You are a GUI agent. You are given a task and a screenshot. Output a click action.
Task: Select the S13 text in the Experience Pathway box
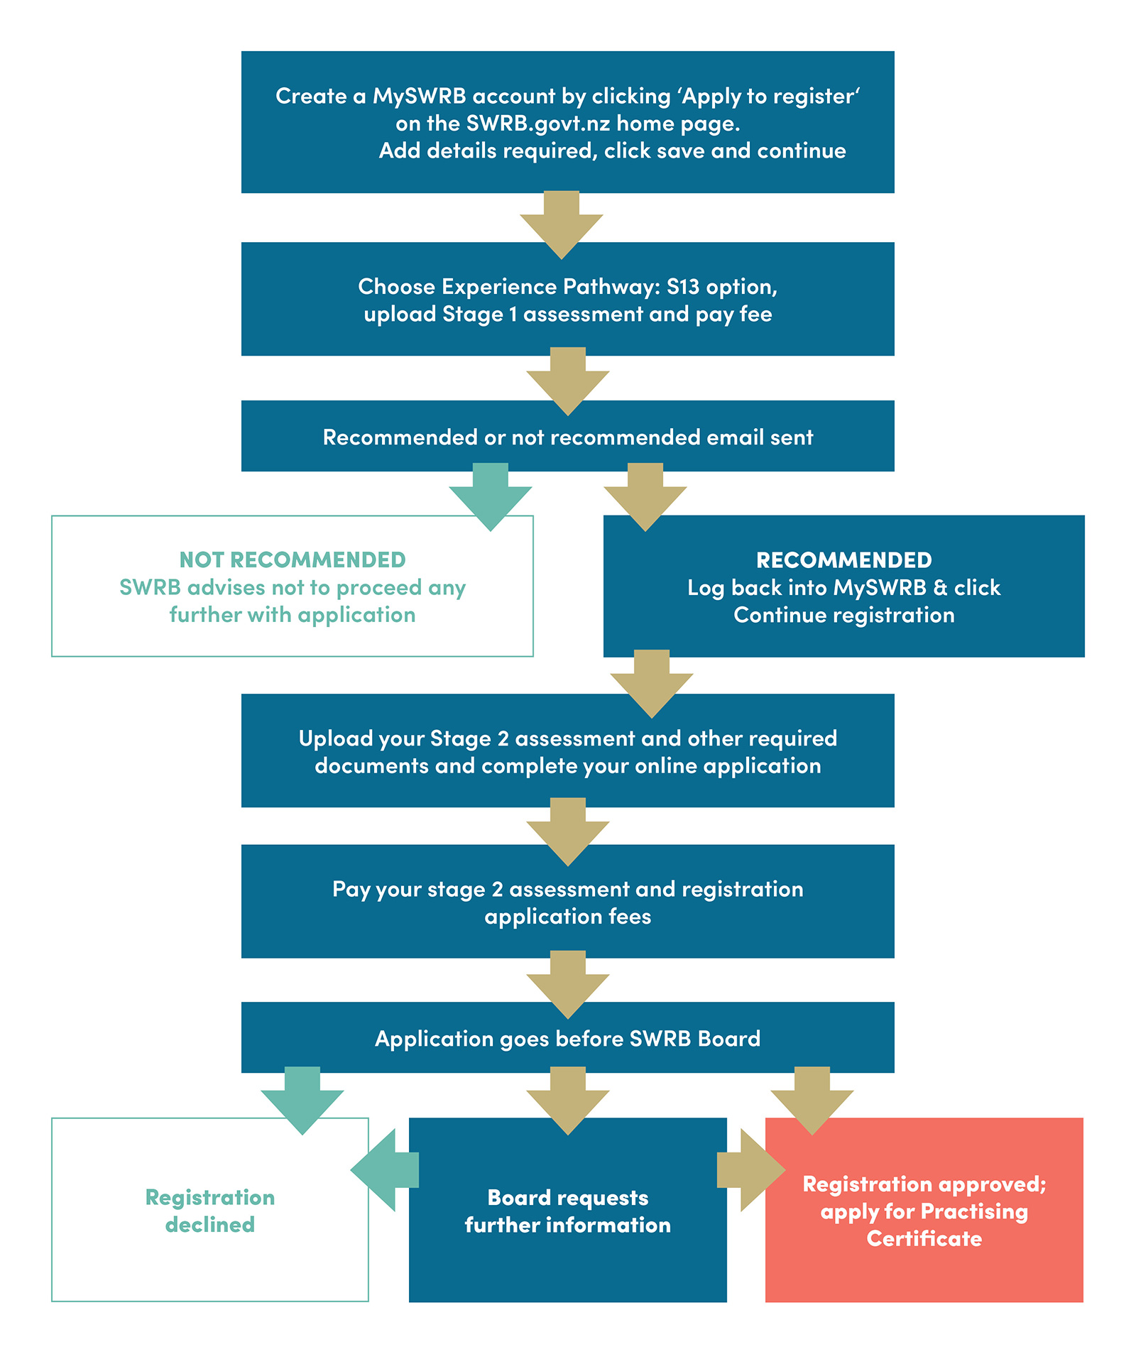(682, 287)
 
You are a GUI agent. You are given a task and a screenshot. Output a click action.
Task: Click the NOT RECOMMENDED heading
(292, 560)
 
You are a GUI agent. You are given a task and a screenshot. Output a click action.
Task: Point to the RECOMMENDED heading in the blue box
(843, 560)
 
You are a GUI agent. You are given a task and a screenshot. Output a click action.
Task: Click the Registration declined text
(210, 1211)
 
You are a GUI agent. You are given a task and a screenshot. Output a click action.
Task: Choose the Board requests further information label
(567, 1211)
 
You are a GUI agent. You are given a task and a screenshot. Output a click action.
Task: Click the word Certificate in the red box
(924, 1239)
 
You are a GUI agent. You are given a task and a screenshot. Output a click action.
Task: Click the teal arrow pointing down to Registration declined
(302, 1100)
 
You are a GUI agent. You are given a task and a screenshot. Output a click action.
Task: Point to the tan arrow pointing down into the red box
(812, 1100)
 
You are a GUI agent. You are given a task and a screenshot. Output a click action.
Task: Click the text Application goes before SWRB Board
(567, 1039)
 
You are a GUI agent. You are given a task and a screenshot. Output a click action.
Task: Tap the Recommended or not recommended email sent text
(567, 437)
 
